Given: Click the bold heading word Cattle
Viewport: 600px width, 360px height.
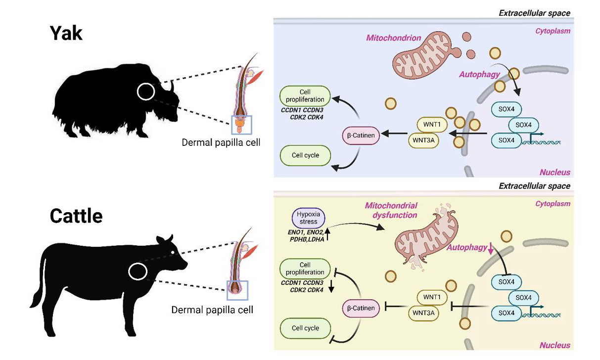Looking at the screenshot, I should [76, 216].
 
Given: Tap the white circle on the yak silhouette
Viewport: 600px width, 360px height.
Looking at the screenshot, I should [145, 91].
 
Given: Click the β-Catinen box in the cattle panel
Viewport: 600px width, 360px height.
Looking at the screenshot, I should [361, 308].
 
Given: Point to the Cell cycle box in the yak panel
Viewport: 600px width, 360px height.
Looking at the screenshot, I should [305, 155].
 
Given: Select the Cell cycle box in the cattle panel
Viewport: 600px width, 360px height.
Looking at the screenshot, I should [305, 328].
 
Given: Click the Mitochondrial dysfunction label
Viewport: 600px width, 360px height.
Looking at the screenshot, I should [391, 210].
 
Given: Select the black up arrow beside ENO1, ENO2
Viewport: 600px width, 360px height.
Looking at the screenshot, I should [327, 231].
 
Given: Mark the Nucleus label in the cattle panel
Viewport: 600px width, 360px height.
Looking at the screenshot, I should [554, 345].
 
